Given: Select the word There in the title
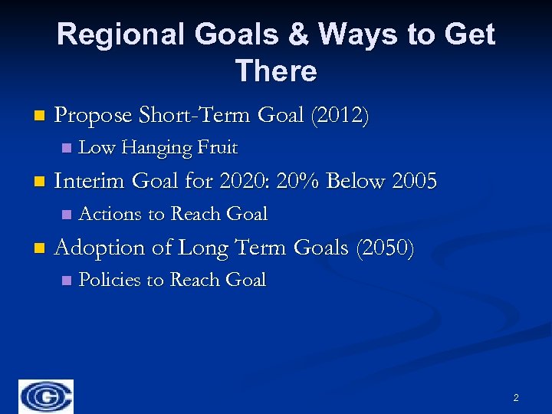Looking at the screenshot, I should [x=276, y=71].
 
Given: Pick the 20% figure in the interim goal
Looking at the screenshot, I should [x=295, y=182].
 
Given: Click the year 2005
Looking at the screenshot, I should [x=413, y=182].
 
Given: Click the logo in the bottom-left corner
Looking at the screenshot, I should [x=47, y=396].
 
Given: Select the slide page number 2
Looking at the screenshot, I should [x=515, y=397].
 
